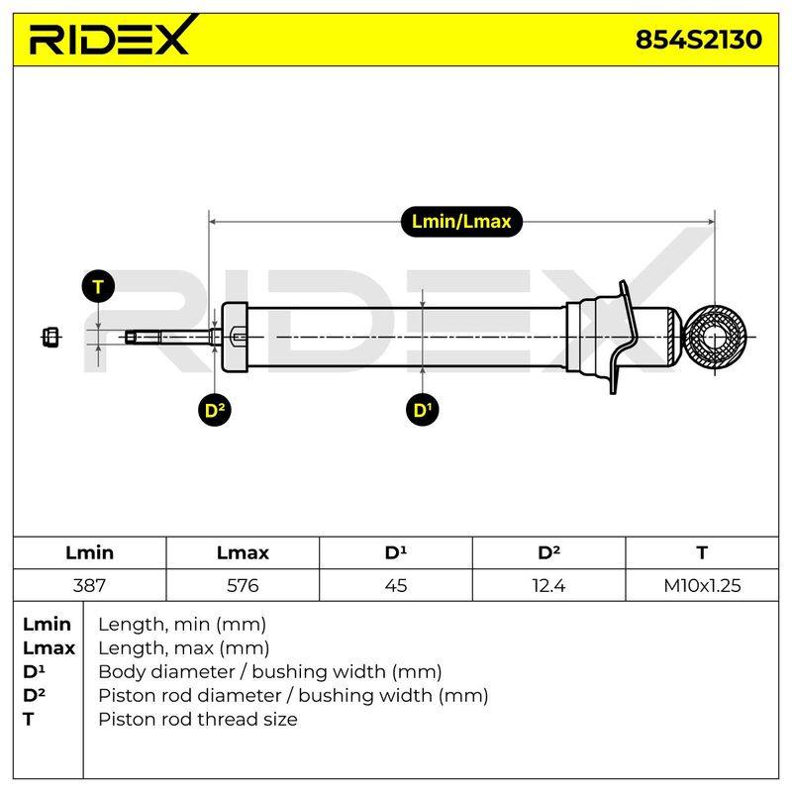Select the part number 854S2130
pos(698,40)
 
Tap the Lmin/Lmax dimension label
pos(461,222)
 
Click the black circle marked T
pos(98,286)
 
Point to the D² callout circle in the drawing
pos(215,410)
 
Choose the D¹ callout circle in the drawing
pos(423,410)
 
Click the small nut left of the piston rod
pos(50,337)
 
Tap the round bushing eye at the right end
pos(715,337)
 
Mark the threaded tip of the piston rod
pos(143,337)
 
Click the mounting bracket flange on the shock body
pos(622,337)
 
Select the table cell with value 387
pos(89,585)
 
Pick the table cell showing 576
pos(243,585)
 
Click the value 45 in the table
pos(395,585)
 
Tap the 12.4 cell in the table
pos(548,585)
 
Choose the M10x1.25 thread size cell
pos(702,585)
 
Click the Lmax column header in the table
pos(243,552)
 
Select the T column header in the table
pos(702,552)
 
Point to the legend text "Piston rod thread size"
pos(197,720)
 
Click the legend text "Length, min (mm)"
pos(182,625)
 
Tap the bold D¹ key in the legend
pos(34,672)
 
